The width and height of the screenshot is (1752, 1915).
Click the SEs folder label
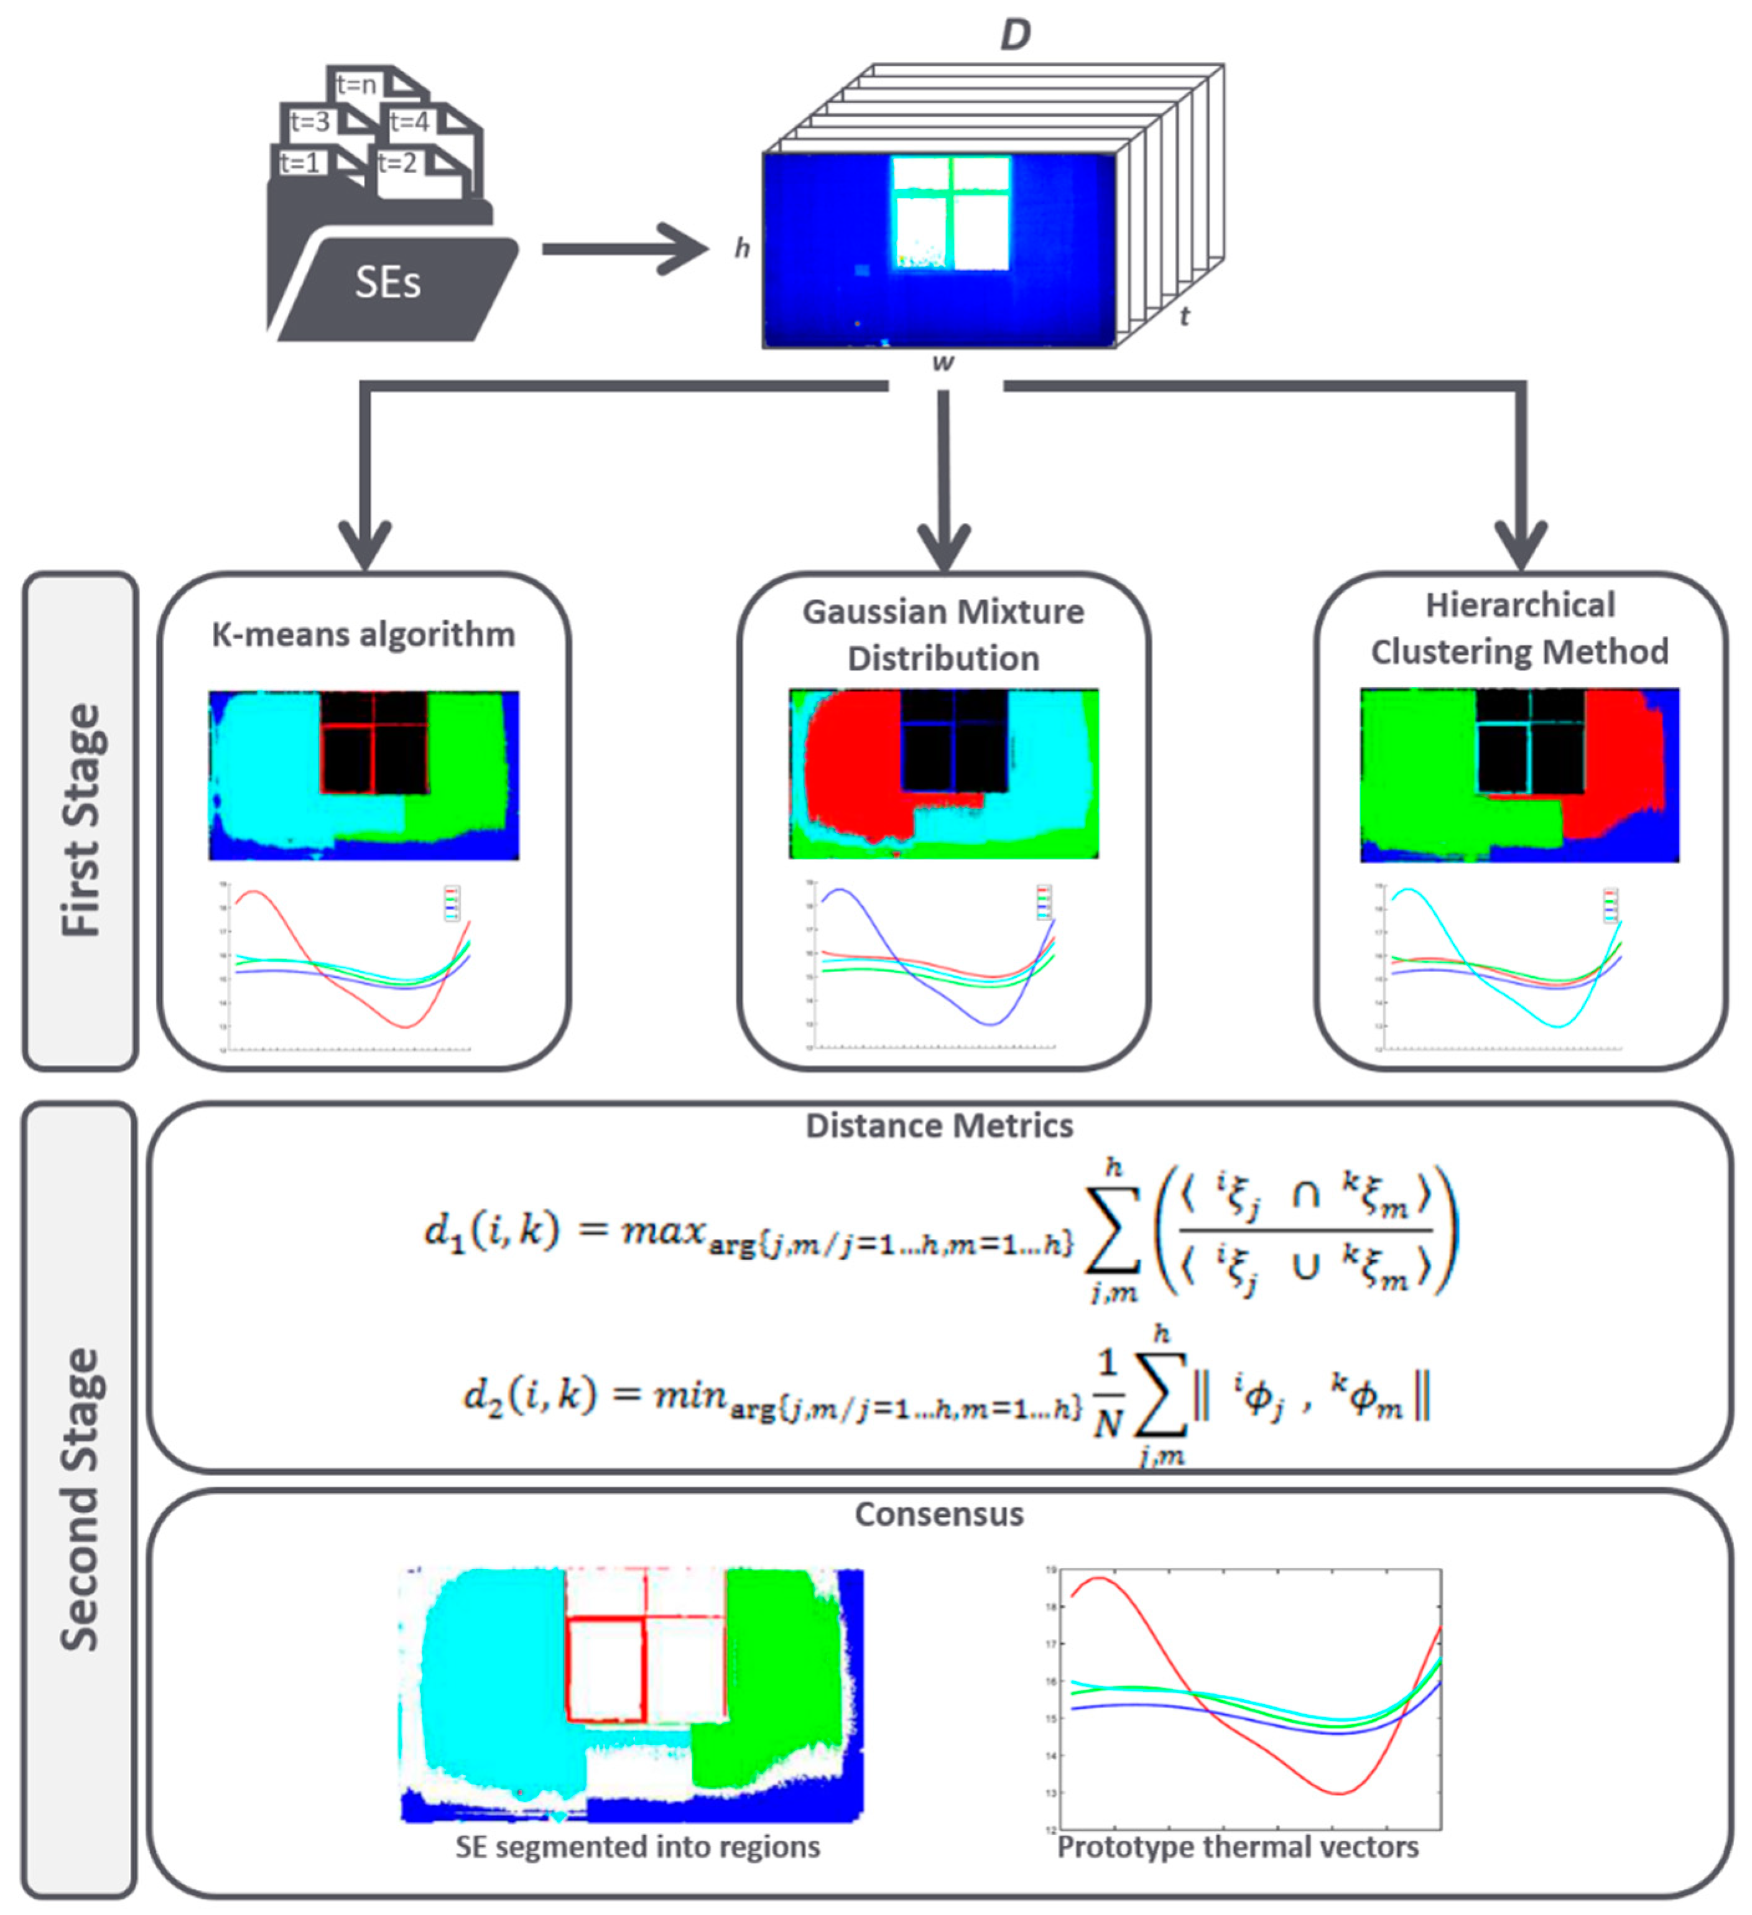387,283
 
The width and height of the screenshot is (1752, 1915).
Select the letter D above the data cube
1015,36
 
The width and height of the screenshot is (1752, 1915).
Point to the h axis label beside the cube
742,249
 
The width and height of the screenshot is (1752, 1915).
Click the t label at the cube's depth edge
1184,317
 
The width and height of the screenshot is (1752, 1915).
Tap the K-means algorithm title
363,634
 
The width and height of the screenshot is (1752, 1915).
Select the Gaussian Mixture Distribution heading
942,634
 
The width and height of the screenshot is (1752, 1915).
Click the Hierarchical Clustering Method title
1519,629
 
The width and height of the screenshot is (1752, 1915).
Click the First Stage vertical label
81,821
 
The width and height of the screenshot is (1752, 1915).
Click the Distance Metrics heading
939,1126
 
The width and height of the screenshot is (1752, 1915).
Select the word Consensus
939,1513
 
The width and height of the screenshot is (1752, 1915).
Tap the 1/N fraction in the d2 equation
1107,1394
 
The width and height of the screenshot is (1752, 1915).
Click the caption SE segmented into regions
637,1847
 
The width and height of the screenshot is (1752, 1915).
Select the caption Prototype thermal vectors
1237,1847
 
